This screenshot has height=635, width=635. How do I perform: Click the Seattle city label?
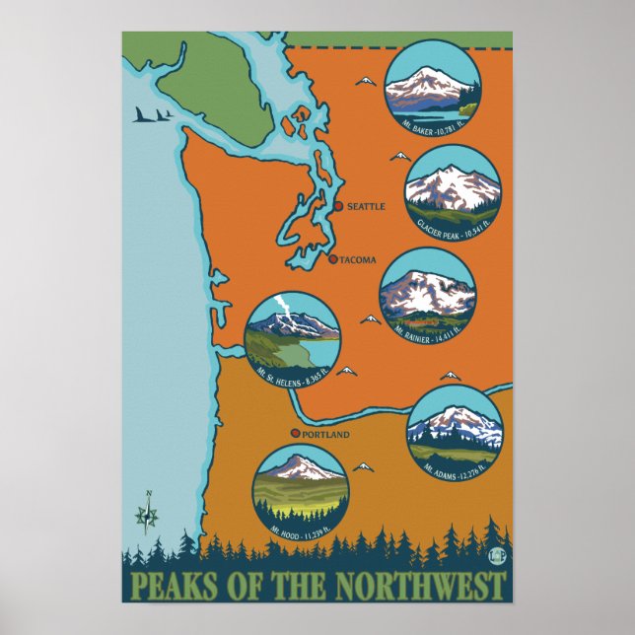pyautogui.click(x=366, y=207)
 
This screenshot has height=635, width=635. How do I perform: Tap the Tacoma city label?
pyautogui.click(x=358, y=260)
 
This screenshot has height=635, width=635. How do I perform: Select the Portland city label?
pyautogui.click(x=326, y=434)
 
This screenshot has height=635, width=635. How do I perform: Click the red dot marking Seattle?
pyautogui.click(x=339, y=207)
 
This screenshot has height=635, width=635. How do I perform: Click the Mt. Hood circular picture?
pyautogui.click(x=300, y=491)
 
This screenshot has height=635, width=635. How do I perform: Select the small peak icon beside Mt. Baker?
pyautogui.click(x=365, y=81)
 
